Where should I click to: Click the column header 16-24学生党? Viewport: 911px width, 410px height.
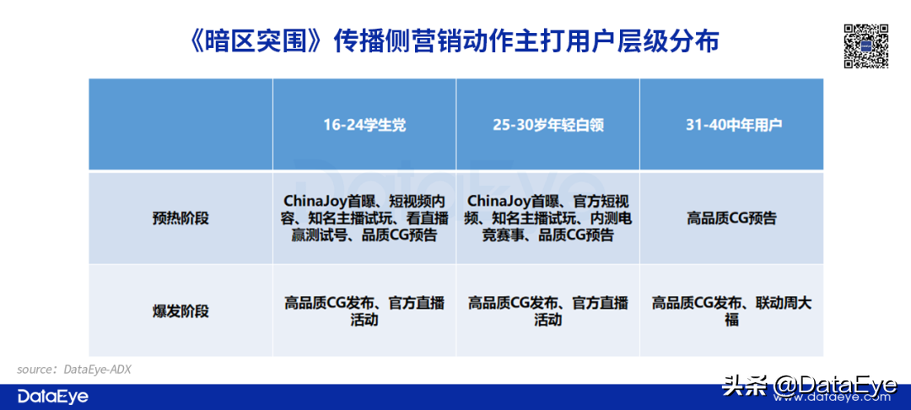[x=364, y=125]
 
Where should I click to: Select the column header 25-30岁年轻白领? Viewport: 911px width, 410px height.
[x=548, y=125]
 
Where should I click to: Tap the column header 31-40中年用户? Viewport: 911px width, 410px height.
[x=730, y=125]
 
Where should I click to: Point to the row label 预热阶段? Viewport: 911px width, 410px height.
[x=181, y=218]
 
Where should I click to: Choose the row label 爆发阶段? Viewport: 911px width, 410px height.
[x=181, y=310]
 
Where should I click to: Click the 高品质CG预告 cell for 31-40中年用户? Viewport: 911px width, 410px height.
[x=731, y=218]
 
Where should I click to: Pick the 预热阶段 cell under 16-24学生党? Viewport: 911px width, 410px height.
[x=364, y=218]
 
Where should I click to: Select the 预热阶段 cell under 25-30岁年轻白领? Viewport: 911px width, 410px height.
[x=548, y=218]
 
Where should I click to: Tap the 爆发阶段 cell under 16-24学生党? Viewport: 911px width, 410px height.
[x=364, y=310]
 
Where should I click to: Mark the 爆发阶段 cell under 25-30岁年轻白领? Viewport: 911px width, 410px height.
[x=548, y=310]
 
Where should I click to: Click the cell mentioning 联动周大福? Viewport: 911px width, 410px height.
[x=731, y=310]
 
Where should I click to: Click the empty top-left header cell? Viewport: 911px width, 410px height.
[x=181, y=125]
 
